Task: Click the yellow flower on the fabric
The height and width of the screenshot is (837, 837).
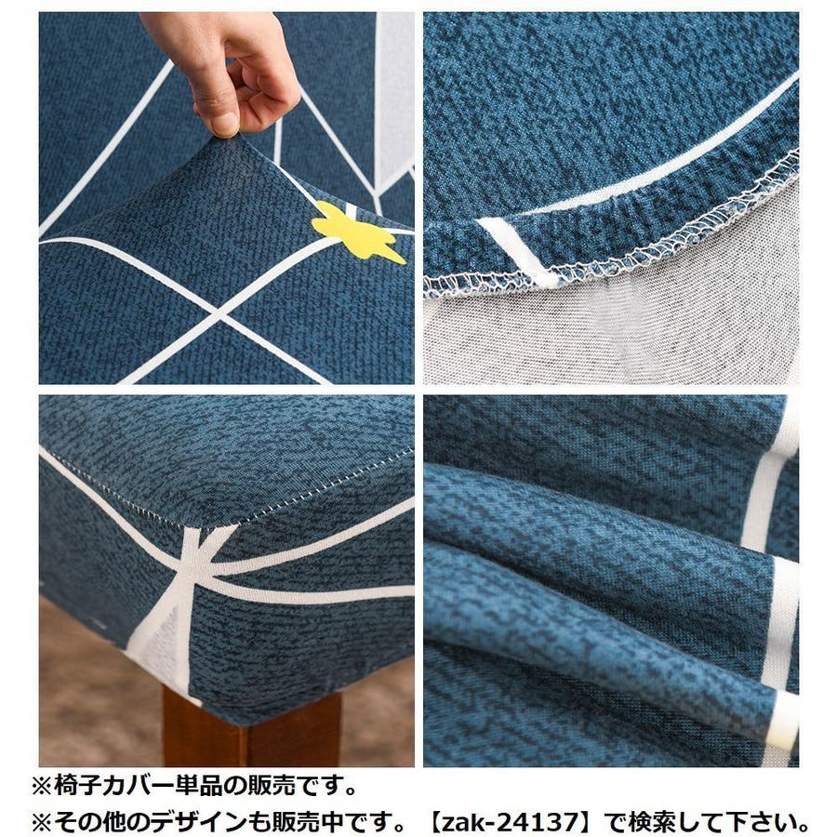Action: (x=356, y=232)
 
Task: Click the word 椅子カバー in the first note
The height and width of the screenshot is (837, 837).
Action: (x=113, y=787)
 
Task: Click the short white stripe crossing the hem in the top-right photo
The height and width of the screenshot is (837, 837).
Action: (x=517, y=250)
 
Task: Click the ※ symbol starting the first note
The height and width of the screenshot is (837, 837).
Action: (x=42, y=787)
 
